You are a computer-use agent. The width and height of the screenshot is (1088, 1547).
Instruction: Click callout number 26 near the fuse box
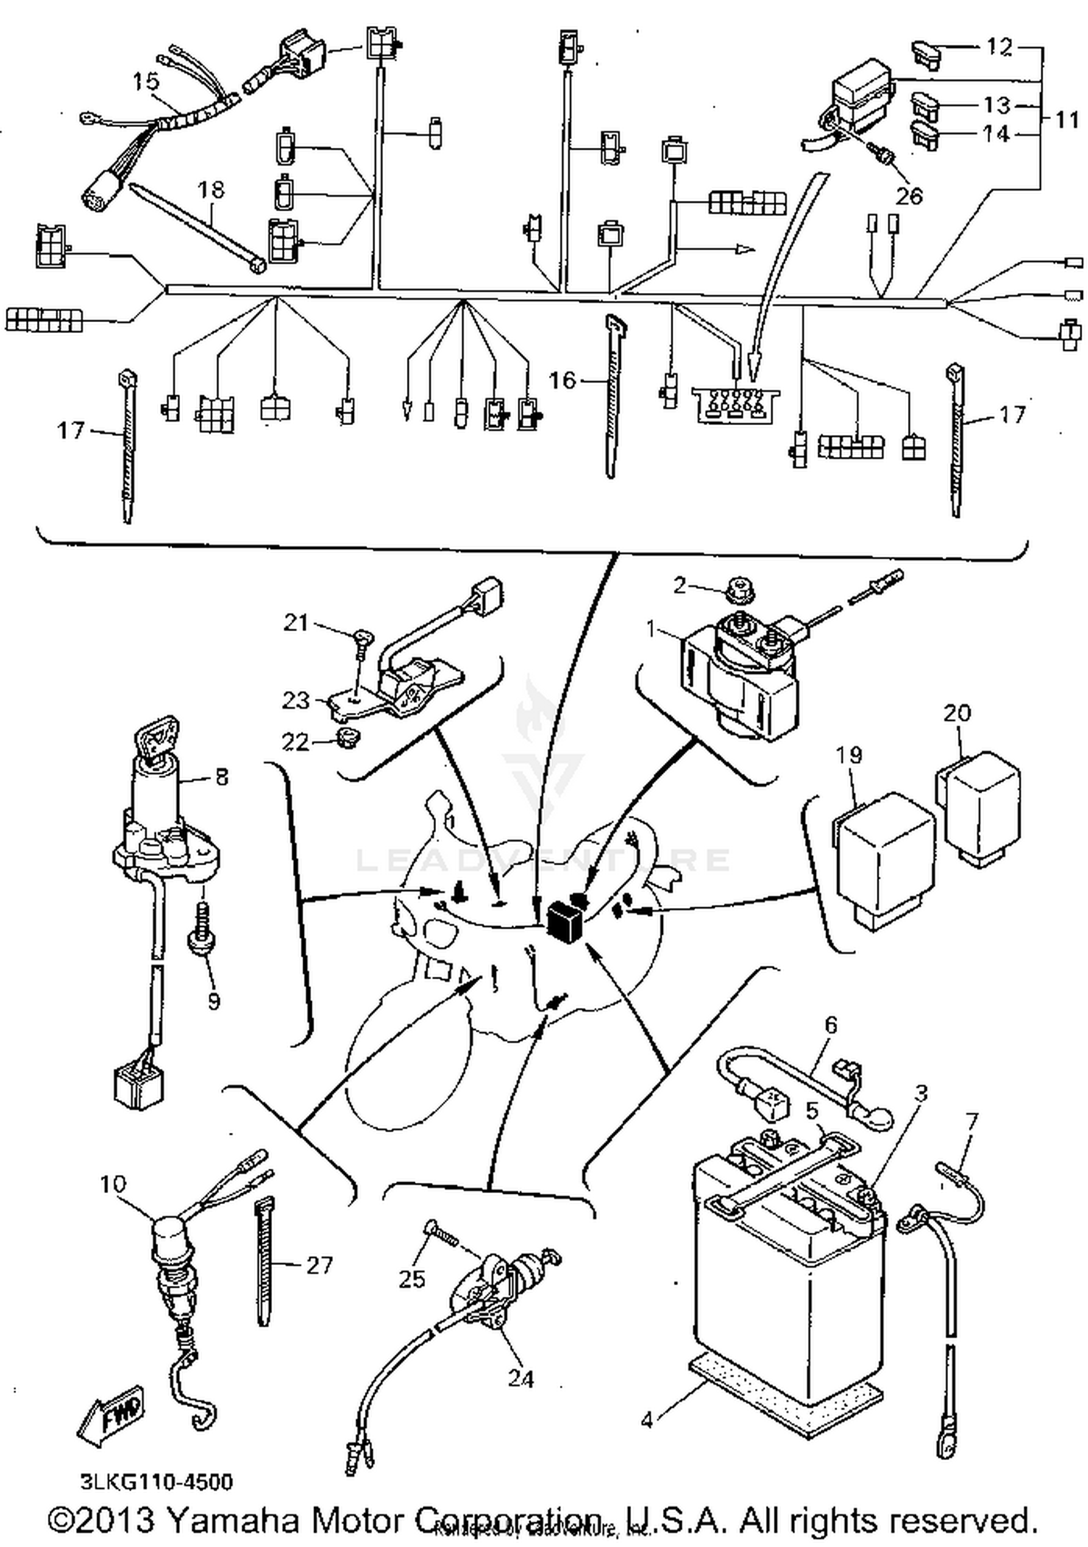(x=909, y=195)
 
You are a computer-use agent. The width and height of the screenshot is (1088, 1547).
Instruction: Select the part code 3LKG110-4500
(x=157, y=1481)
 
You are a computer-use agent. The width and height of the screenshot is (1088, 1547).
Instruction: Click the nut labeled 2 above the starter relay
(x=738, y=590)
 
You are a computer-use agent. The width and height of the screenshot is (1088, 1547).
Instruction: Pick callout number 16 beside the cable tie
(x=562, y=380)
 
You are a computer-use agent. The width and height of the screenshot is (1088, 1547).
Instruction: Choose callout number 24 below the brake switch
(x=520, y=1378)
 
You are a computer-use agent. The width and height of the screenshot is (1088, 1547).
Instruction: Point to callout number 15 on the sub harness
(x=146, y=81)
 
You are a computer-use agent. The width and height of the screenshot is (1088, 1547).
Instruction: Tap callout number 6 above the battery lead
(x=831, y=1025)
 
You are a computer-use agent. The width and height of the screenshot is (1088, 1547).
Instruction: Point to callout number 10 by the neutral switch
(x=112, y=1184)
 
